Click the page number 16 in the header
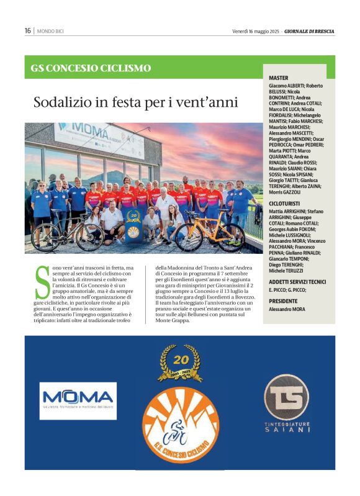point(28,31)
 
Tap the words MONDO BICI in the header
point(50,31)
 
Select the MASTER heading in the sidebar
point(279,78)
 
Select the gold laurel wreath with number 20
point(180,363)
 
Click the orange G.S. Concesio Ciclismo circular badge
point(181,429)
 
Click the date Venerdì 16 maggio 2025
point(256,31)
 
